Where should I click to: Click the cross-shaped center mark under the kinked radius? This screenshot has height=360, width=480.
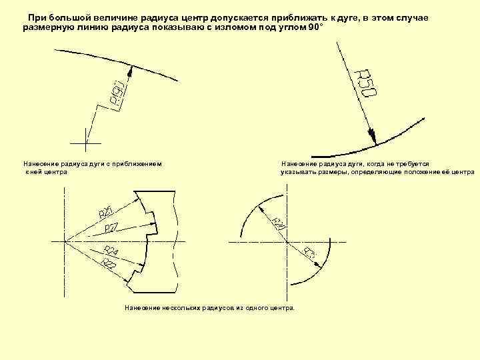tap(86, 143)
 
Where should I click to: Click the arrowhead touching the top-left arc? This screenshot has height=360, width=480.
tap(132, 67)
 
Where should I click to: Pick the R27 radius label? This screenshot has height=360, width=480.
tap(111, 228)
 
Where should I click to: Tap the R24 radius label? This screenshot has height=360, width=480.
tap(111, 252)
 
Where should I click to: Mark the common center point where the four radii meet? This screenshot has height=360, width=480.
tap(65, 241)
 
